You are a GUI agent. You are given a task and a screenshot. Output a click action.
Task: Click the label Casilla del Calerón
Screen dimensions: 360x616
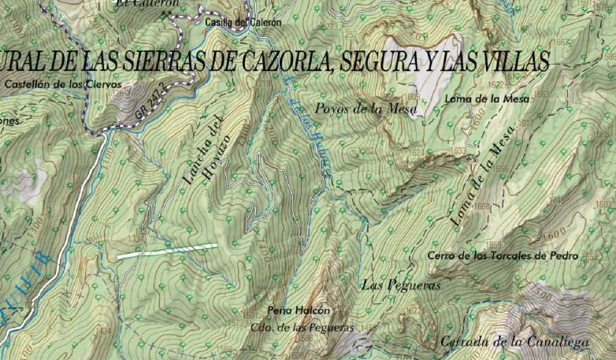pos(243,23)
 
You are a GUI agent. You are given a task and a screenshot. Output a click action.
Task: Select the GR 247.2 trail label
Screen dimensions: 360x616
pos(153,102)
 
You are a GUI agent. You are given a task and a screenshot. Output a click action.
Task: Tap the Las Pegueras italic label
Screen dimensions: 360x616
pos(400,285)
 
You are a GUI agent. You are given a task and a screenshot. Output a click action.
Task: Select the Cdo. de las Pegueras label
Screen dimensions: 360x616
pos(302,328)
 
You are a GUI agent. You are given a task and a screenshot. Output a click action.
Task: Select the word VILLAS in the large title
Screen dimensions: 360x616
pos(503,61)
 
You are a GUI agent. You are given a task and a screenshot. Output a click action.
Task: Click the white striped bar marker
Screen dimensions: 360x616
pos(167,251)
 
